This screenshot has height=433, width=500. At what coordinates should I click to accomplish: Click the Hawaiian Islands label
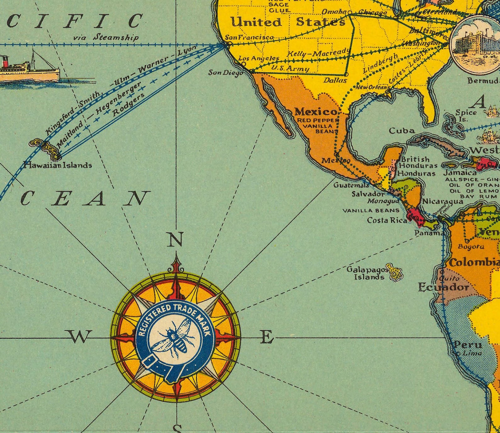(x=58, y=165)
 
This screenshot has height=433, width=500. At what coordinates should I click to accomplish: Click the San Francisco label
(x=249, y=37)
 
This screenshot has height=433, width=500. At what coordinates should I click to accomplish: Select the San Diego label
(x=225, y=73)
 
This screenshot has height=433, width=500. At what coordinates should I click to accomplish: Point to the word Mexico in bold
(x=316, y=112)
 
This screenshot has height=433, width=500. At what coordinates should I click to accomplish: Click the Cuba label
(x=401, y=131)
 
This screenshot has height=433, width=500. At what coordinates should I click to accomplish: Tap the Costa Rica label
(x=387, y=220)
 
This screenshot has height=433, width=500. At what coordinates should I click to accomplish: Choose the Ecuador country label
(x=443, y=287)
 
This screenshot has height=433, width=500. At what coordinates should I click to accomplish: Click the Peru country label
(x=468, y=345)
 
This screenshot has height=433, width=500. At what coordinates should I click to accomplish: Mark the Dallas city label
(x=335, y=80)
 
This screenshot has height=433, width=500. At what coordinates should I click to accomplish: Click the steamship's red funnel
(x=4, y=62)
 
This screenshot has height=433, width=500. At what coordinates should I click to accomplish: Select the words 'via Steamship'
(x=106, y=38)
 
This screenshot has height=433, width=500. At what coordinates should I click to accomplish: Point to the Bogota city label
(x=471, y=247)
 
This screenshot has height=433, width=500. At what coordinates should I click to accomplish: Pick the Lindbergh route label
(x=380, y=63)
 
